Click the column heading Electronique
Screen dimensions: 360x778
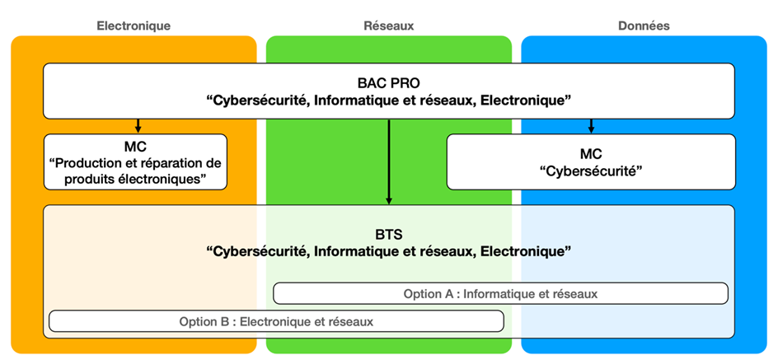click(134, 26)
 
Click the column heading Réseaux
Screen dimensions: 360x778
click(388, 26)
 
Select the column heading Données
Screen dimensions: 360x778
click(644, 26)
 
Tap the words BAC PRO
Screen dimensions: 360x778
click(388, 83)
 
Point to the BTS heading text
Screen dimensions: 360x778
click(388, 233)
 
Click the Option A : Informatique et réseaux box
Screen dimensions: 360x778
click(500, 293)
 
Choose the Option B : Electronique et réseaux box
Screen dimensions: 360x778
click(276, 321)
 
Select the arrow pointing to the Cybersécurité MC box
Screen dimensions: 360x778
click(591, 126)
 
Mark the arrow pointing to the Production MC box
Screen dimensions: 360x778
click(138, 126)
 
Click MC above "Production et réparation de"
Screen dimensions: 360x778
click(135, 146)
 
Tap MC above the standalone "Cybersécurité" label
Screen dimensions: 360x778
click(590, 154)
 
